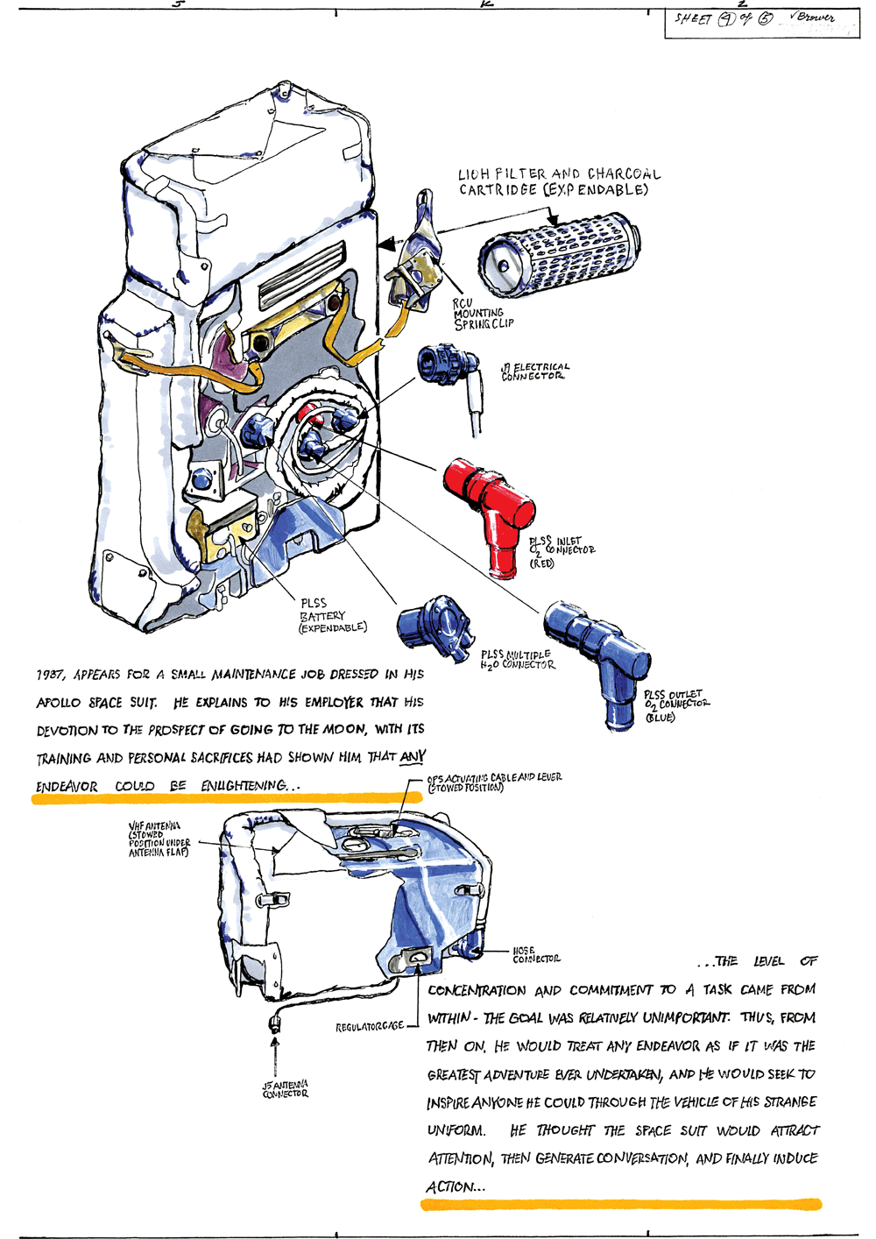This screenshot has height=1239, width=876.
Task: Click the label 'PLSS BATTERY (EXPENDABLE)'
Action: [332, 615]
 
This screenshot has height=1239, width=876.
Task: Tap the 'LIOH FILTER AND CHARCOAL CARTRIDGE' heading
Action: [559, 181]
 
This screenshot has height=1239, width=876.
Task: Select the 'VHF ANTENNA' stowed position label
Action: [159, 839]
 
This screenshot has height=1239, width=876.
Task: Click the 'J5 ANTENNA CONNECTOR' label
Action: [286, 1088]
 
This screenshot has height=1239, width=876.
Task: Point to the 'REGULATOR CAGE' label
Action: [370, 1026]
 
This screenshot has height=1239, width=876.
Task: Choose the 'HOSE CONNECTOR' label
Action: [535, 955]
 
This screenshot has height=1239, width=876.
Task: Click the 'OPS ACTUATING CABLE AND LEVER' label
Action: [494, 782]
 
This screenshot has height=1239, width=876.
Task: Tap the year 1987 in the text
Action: [50, 675]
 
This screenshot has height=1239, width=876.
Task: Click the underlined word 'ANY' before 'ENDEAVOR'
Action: [412, 756]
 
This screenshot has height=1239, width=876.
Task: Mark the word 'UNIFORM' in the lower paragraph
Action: [456, 1130]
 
